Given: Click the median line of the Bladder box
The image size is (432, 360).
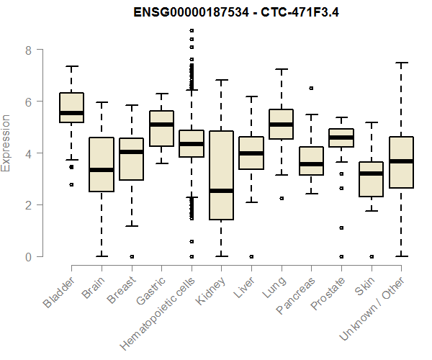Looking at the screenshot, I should point(71,113).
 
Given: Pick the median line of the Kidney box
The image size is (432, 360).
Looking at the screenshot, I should point(221,191).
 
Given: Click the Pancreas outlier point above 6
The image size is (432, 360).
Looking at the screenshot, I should point(311,88).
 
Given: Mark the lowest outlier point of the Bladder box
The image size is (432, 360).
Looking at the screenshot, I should point(71,185).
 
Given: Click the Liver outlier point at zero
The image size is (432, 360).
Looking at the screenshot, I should point(251,256).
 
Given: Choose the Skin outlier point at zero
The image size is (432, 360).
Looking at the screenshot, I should point(371,256).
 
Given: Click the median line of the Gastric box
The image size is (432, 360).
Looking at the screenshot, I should point(161,125).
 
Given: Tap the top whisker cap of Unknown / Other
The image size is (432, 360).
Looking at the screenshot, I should point(401,63).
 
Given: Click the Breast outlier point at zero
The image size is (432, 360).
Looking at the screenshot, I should point(131,256).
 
